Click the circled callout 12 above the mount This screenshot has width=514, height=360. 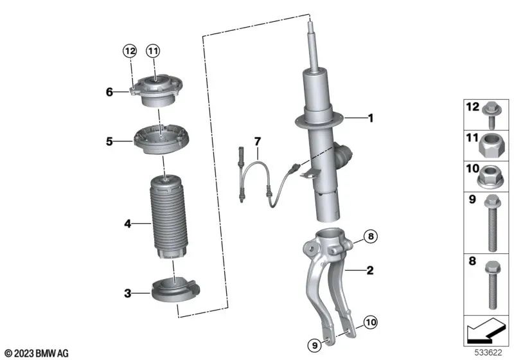(130, 51)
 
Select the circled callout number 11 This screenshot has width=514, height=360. (153, 51)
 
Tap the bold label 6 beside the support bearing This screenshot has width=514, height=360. (109, 92)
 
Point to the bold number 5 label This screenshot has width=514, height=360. (109, 141)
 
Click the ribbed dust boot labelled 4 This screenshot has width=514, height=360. (168, 217)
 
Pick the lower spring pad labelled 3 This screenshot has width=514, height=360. (175, 290)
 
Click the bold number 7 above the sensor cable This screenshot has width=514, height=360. (258, 141)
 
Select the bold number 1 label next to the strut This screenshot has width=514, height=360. (371, 118)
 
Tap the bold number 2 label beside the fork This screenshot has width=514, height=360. (370, 270)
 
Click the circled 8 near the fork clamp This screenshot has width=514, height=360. (371, 236)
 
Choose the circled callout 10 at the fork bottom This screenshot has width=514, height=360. (371, 322)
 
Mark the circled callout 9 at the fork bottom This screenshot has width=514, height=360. (315, 345)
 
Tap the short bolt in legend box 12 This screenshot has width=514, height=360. (491, 115)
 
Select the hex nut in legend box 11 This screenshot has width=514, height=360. (490, 146)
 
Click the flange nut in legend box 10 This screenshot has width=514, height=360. (490, 177)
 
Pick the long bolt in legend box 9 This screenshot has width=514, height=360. (492, 223)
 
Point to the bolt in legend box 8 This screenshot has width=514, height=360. (492, 285)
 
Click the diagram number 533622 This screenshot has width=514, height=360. (488, 353)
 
